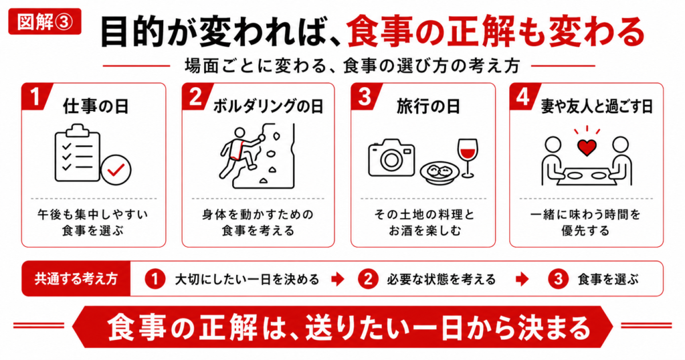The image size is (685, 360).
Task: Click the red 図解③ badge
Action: click(x=45, y=21)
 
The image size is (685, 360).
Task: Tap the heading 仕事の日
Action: click(x=96, y=106)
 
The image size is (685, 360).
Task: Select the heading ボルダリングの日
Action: click(x=268, y=106)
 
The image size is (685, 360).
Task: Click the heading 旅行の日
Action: click(x=428, y=106)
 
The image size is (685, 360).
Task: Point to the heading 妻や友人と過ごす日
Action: click(x=597, y=106)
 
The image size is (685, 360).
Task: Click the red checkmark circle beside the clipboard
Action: click(x=116, y=170)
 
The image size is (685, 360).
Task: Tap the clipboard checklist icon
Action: click(x=78, y=153)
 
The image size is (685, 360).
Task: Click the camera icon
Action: click(x=391, y=157)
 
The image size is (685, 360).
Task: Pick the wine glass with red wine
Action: click(x=468, y=158)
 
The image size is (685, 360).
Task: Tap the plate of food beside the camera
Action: click(x=439, y=173)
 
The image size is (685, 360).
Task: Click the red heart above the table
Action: click(x=587, y=148)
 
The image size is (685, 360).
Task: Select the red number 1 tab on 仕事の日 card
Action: click(x=35, y=96)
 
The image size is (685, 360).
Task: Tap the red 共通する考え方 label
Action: click(x=76, y=279)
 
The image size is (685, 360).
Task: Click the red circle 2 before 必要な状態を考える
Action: click(x=368, y=279)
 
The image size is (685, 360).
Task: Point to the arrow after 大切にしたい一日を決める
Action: click(x=338, y=279)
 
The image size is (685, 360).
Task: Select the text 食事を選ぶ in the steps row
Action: click(x=608, y=279)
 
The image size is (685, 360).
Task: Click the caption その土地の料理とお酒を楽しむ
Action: click(x=424, y=222)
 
